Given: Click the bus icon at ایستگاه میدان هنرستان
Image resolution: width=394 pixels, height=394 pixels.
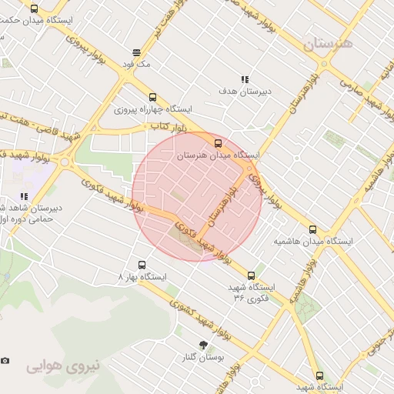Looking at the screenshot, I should click(218, 142).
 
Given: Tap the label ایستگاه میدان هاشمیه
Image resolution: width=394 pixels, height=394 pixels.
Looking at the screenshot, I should click(313, 241).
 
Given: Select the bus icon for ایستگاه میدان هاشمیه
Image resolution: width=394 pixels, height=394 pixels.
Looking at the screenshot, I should click(312, 229).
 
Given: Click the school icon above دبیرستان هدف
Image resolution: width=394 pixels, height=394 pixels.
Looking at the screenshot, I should click(245, 79).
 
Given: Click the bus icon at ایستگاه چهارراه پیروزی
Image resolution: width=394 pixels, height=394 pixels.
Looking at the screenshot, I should click(152, 98).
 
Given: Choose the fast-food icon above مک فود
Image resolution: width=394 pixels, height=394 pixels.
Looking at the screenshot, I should click(137, 52).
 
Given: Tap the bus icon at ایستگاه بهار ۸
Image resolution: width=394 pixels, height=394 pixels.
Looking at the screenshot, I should click(140, 264).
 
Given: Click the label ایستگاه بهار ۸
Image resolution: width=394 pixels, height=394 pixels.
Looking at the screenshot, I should click(141, 275).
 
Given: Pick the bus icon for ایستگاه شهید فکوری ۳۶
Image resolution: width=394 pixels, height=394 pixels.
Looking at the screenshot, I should click(251, 275).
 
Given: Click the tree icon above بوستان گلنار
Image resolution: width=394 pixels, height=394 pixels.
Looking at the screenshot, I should click(203, 345).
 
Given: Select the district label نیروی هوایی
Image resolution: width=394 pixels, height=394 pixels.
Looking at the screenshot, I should click(64, 366).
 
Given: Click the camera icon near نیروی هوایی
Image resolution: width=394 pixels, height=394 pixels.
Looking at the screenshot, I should click(5, 360).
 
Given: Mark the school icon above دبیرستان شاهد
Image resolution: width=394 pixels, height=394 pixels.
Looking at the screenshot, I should click(24, 195).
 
